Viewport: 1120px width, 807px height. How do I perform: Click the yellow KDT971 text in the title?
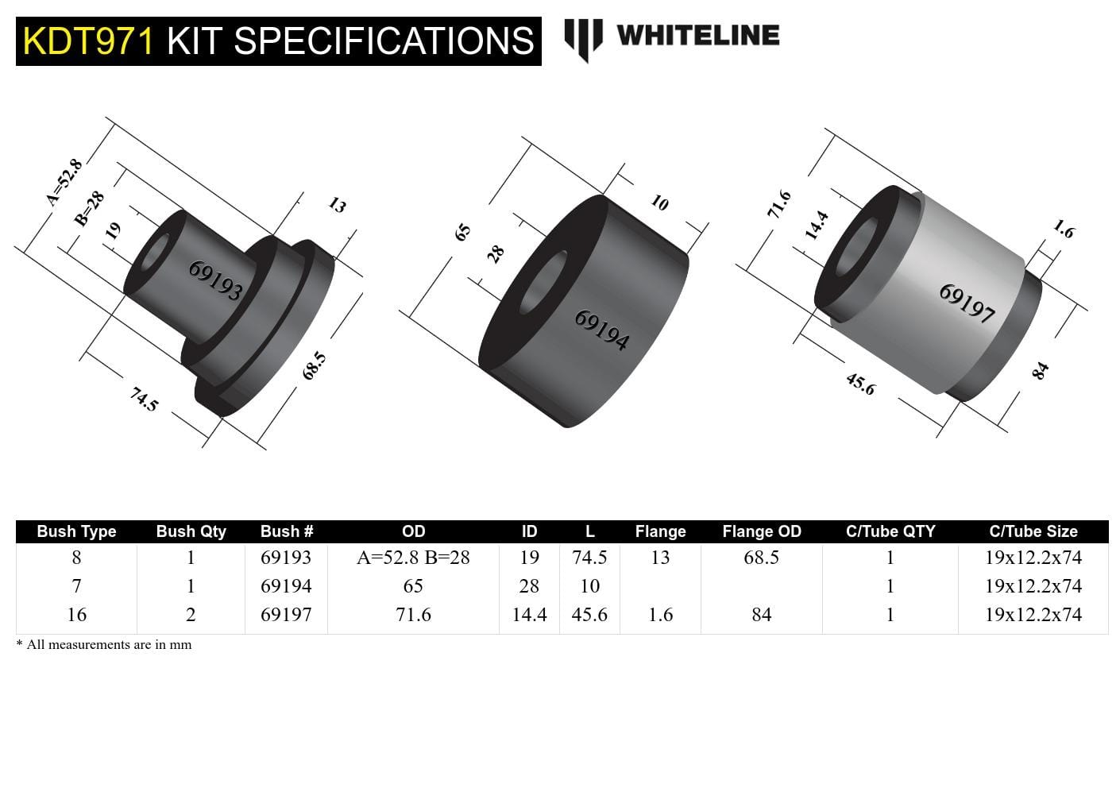pyautogui.click(x=87, y=41)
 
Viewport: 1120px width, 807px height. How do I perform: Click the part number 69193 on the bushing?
pyautogui.click(x=215, y=280)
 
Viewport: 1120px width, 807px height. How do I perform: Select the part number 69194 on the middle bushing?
pyautogui.click(x=601, y=330)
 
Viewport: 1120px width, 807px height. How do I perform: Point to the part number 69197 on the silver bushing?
pyautogui.click(x=967, y=303)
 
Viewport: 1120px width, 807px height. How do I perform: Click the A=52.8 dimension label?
pyautogui.click(x=64, y=182)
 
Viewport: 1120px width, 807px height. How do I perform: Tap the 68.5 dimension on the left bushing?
pyautogui.click(x=315, y=365)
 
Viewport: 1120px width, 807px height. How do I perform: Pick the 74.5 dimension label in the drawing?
pyautogui.click(x=144, y=399)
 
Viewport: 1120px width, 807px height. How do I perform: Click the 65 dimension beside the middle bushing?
pyautogui.click(x=463, y=232)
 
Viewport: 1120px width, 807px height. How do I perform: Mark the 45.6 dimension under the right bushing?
pyautogui.click(x=860, y=384)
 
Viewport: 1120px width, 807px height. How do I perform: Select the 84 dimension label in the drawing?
pyautogui.click(x=1040, y=370)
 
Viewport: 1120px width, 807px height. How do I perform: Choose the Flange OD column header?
pyautogui.click(x=761, y=531)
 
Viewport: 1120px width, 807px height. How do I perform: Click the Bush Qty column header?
pyautogui.click(x=191, y=531)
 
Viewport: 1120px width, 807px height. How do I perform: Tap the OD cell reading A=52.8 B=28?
pyautogui.click(x=413, y=558)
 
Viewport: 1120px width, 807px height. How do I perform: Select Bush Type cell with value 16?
pyautogui.click(x=76, y=615)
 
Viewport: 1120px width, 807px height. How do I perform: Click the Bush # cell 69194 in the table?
pyautogui.click(x=286, y=586)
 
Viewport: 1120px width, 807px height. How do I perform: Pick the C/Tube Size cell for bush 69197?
pyautogui.click(x=1033, y=615)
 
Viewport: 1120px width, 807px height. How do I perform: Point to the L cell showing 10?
pyautogui.click(x=589, y=586)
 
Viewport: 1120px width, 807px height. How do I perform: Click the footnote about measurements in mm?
pyautogui.click(x=104, y=644)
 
